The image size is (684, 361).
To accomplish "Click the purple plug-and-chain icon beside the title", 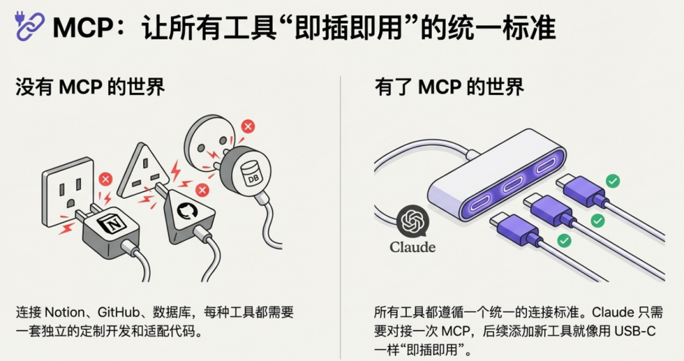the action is click(29, 26).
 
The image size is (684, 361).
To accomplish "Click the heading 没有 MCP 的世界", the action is click(91, 87).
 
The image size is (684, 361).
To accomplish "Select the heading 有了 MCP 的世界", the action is click(449, 87).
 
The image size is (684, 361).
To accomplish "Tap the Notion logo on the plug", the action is click(109, 223).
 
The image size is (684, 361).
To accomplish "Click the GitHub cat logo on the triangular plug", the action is click(187, 211).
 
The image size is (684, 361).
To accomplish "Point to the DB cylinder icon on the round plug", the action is click(253, 173).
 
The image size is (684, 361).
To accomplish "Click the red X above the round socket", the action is click(248, 126).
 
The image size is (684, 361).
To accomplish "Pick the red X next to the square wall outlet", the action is click(105, 179).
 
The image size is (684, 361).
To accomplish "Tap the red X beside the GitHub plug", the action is click(202, 190).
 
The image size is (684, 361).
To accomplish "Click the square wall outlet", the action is click(68, 191).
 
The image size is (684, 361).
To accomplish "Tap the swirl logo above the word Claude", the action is click(413, 221).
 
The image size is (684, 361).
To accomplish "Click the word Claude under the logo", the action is click(413, 247).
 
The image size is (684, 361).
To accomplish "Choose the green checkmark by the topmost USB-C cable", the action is click(613, 181).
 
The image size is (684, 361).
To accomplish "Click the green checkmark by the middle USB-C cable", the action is click(598, 221).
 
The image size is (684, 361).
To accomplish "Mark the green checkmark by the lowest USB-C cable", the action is click(564, 240).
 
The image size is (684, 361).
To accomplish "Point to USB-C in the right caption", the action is click(635, 331).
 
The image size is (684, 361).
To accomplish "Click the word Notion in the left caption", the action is click(65, 312).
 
